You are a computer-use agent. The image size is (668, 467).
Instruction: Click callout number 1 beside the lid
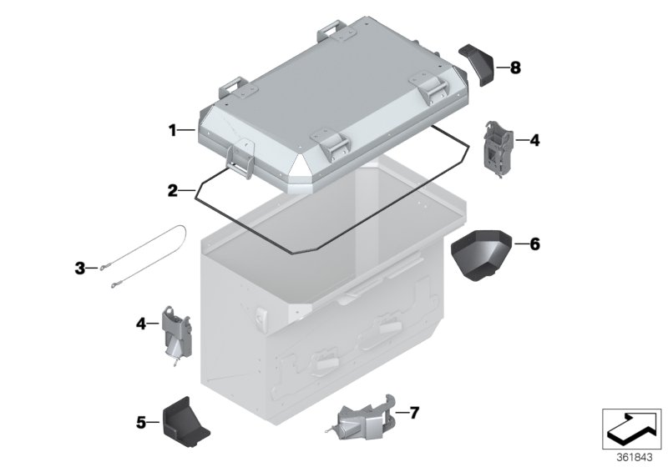[172, 130]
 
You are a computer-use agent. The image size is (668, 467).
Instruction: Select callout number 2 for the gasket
[172, 190]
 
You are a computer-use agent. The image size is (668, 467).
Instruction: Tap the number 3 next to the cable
[80, 268]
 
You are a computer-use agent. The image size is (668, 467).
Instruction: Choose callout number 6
[534, 244]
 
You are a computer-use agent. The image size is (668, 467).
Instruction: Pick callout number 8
[515, 68]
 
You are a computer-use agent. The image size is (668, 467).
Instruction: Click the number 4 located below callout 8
[534, 140]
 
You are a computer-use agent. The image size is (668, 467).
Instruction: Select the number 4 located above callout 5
[141, 322]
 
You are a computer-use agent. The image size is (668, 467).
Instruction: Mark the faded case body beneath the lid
[334, 317]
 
